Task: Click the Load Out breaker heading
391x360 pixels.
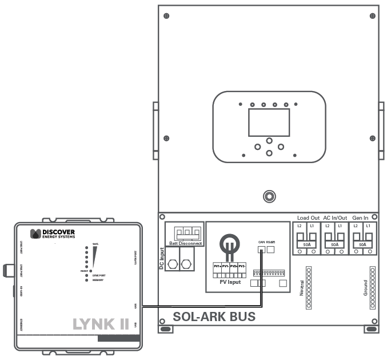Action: click(308, 218)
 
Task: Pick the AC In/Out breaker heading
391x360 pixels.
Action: click(335, 218)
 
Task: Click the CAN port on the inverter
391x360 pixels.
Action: click(262, 250)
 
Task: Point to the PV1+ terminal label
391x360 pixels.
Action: click(217, 267)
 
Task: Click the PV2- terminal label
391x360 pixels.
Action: click(242, 267)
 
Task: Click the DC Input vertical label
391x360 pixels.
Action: click(162, 259)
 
